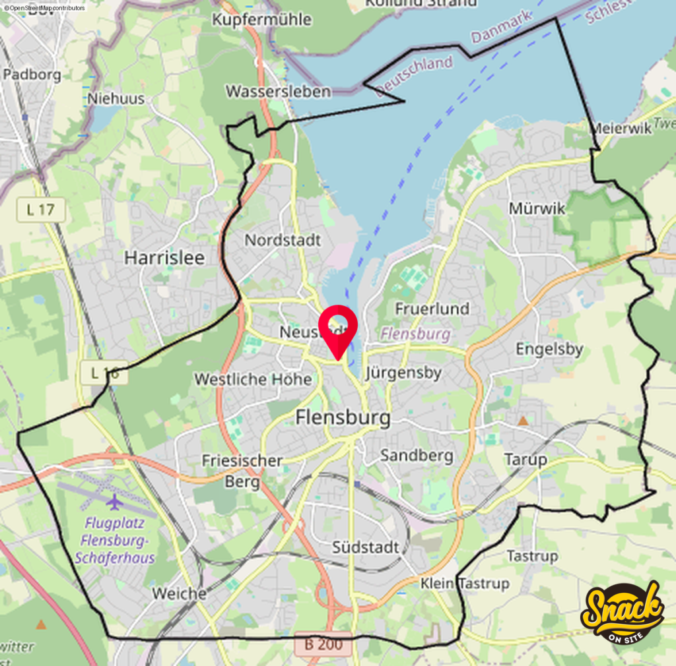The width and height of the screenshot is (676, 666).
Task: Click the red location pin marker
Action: click(338, 328)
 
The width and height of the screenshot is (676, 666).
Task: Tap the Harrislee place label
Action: click(164, 257)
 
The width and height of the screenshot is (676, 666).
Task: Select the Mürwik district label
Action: click(537, 208)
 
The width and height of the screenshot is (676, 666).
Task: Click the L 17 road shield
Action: click(41, 210)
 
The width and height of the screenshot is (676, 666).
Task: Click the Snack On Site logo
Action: click(622, 613)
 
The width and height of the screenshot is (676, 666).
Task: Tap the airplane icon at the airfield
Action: click(115, 502)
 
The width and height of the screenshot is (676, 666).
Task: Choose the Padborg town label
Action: click(32, 74)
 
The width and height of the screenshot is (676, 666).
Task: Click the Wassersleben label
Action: click(278, 91)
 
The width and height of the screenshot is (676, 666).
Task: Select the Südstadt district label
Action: click(366, 547)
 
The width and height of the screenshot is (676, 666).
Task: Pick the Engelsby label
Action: click(549, 349)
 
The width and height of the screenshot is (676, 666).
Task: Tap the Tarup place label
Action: click(525, 459)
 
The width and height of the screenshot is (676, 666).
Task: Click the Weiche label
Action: click(179, 593)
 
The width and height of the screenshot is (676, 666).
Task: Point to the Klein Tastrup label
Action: click(465, 584)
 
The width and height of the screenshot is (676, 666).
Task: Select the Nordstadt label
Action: click(283, 240)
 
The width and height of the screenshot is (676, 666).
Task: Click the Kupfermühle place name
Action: click(261, 20)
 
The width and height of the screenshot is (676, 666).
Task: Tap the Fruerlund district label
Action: click(432, 308)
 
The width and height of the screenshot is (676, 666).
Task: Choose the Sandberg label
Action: click(417, 455)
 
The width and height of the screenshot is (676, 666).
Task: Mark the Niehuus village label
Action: click(116, 99)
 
